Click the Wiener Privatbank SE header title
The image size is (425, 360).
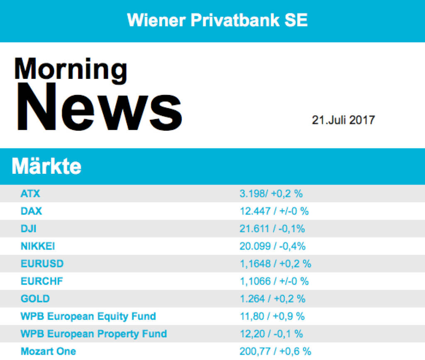click(217, 19)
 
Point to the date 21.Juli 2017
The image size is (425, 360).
click(343, 120)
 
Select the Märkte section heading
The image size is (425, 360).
click(46, 166)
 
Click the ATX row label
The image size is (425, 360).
click(30, 193)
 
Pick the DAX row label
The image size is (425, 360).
click(31, 211)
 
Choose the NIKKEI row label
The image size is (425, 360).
click(38, 246)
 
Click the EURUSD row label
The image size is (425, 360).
click(42, 263)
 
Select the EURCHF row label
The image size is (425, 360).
click(42, 281)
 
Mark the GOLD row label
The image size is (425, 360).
click(35, 299)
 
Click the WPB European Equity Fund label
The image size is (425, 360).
click(88, 316)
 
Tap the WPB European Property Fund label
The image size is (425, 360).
click(93, 334)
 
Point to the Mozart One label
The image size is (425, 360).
click(48, 351)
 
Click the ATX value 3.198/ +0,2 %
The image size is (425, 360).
click(271, 193)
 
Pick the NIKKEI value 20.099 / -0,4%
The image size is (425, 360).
click(272, 246)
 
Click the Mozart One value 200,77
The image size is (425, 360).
click(256, 351)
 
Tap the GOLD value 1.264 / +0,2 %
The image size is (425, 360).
click(272, 299)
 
